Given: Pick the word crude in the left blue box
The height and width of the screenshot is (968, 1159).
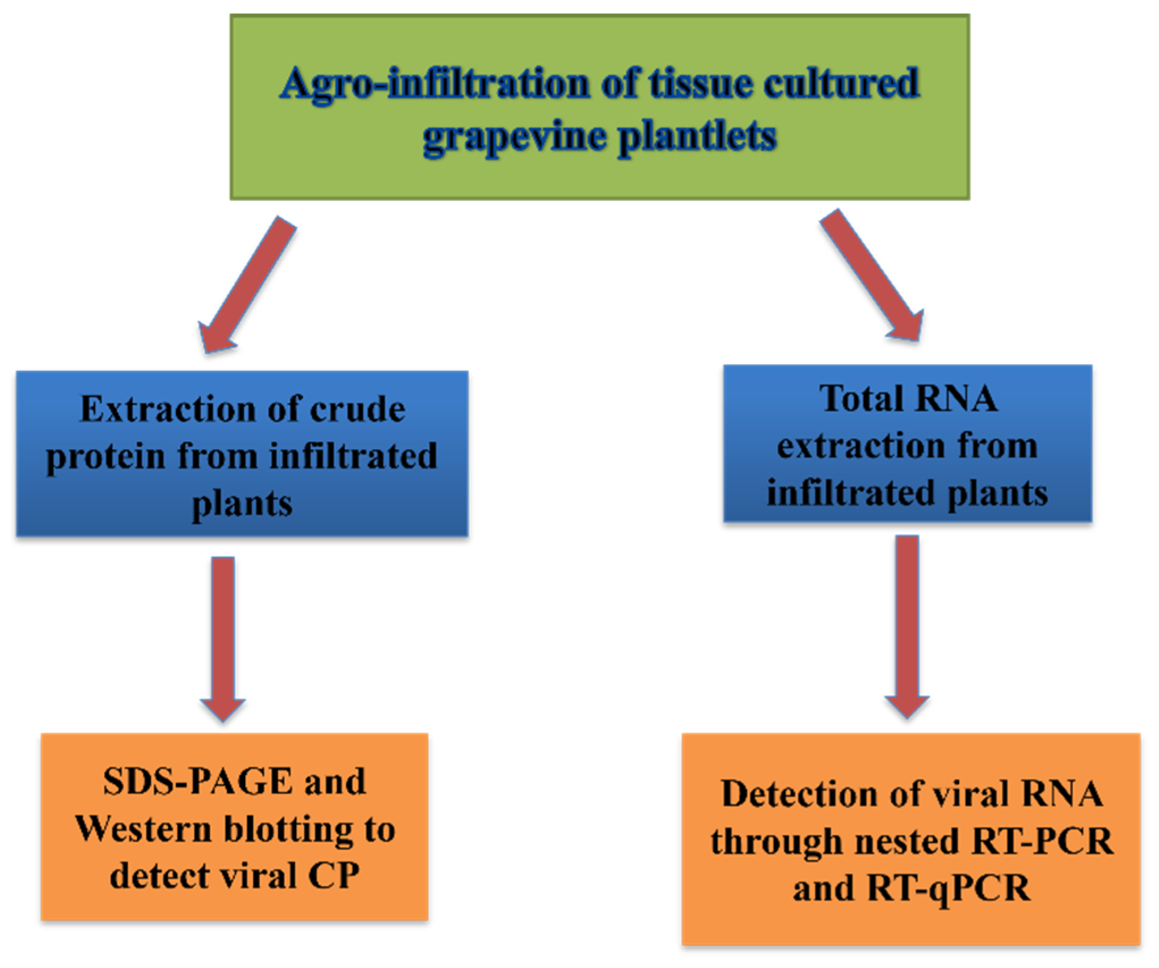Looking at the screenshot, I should [x=357, y=409].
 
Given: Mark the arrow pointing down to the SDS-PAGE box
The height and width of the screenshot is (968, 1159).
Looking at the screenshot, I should [x=223, y=638].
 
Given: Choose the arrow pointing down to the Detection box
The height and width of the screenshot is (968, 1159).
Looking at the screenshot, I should [x=907, y=627].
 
